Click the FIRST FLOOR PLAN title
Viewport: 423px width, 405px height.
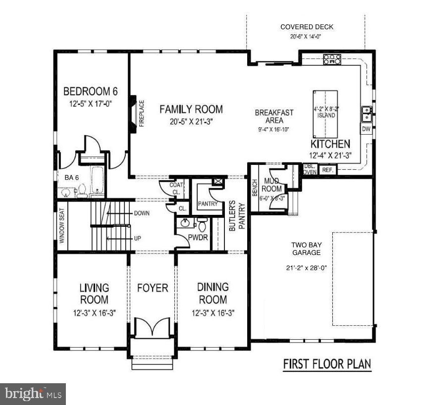tap(326, 364)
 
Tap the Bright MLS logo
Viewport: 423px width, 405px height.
tap(33, 394)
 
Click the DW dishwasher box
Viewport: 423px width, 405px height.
tap(366, 129)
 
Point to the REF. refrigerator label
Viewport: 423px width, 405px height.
tap(327, 170)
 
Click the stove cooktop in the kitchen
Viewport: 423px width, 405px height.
tap(332, 59)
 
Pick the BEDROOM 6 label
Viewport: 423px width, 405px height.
tap(91, 92)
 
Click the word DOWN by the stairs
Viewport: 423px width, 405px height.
tap(141, 213)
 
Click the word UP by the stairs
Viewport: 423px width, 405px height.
tap(137, 238)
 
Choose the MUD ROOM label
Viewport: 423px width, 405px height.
tap(272, 184)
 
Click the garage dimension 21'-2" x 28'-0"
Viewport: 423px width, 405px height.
tap(306, 268)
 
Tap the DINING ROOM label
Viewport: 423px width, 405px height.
tap(212, 293)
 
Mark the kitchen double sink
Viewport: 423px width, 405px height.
tap(367, 114)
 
